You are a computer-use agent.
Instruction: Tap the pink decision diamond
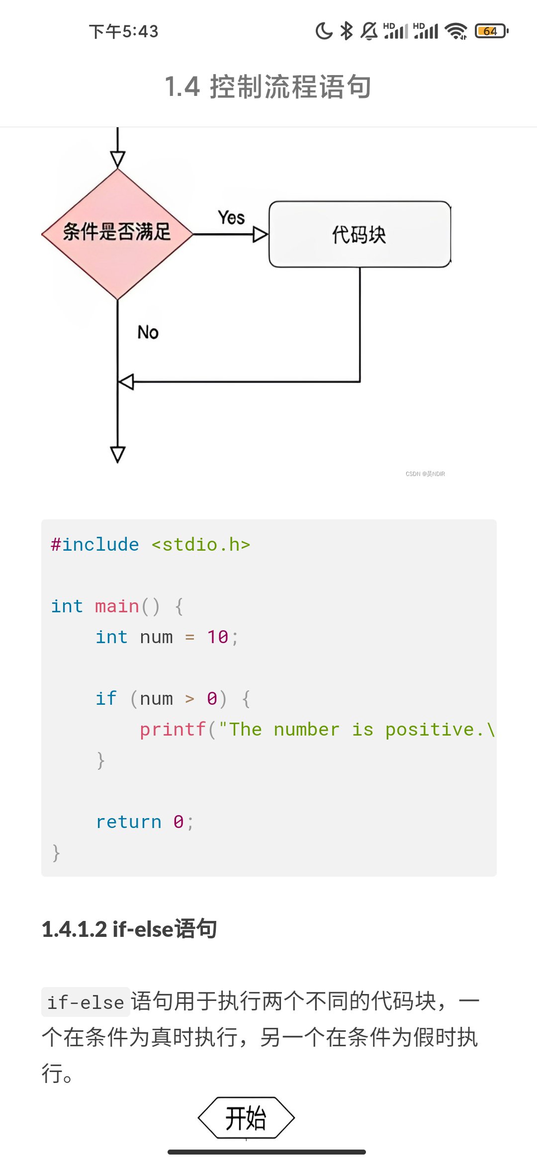[x=117, y=234]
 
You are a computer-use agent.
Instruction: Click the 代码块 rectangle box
[x=359, y=234]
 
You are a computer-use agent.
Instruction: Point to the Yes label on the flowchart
[x=231, y=218]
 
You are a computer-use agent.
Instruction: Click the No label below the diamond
[x=148, y=332]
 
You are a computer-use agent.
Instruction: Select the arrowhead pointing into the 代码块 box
[x=260, y=234]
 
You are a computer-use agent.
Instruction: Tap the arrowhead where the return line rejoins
[x=126, y=382]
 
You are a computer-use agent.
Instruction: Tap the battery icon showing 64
[x=491, y=31]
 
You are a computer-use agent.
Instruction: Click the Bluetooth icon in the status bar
[x=347, y=31]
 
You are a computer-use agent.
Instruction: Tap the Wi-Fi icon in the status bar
[x=456, y=31]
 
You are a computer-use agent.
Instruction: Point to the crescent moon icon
[x=324, y=31]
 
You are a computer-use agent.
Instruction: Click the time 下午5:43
[x=123, y=31]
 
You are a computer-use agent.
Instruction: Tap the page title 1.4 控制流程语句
[x=268, y=86]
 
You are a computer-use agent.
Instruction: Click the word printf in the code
[x=173, y=730]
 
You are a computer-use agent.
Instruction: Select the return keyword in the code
[x=129, y=822]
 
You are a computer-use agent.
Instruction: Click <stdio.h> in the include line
[x=200, y=545]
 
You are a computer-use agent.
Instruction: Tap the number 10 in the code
[x=218, y=637]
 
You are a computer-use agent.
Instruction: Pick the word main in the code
[x=117, y=606]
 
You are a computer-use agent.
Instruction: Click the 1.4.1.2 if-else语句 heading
[x=129, y=929]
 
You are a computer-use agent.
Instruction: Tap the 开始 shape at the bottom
[x=246, y=1118]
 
